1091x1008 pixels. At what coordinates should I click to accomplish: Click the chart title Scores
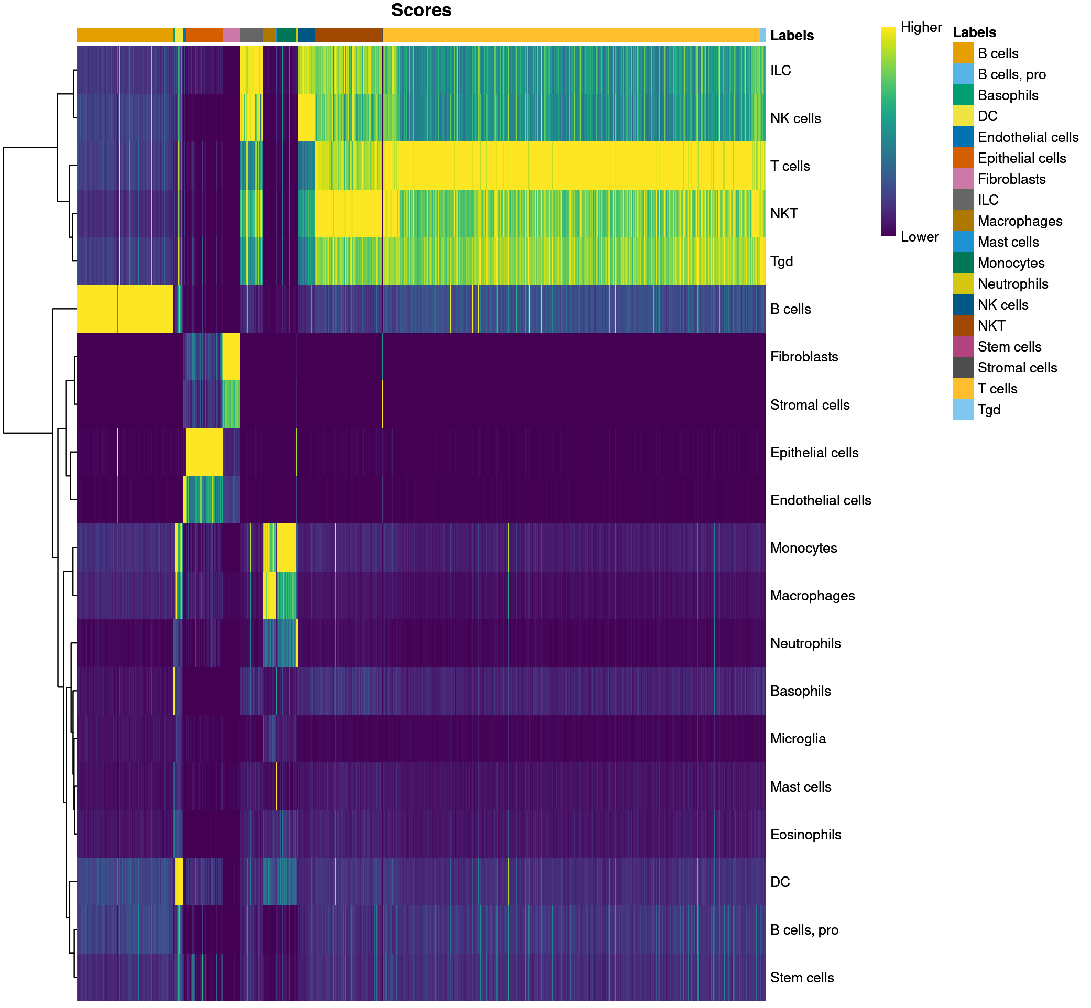(421, 10)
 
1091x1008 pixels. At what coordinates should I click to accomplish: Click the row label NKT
(783, 214)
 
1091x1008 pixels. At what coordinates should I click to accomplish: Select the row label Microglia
(798, 739)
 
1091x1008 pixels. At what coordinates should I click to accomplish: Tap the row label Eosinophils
(805, 835)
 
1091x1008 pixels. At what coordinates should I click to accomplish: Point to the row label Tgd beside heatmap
(781, 262)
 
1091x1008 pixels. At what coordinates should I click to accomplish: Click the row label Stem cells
(801, 978)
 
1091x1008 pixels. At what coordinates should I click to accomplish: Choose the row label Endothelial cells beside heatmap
(820, 500)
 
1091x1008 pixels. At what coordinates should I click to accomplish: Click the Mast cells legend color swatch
(962, 242)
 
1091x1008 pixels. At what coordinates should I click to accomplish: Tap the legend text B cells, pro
(1011, 74)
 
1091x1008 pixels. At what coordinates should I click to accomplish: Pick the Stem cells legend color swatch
(962, 346)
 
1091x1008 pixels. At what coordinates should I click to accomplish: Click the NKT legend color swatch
(962, 326)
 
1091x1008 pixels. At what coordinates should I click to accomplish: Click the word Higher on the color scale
(921, 27)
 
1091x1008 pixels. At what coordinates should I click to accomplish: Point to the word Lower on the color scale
(919, 237)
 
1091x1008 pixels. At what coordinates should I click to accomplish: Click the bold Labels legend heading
(974, 32)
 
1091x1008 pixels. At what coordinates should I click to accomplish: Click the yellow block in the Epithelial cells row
(203, 452)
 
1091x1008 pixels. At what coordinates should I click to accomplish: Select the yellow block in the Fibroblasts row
(231, 356)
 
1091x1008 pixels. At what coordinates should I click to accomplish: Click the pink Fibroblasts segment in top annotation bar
(231, 35)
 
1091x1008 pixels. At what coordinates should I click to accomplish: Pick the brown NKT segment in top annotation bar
(348, 35)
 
